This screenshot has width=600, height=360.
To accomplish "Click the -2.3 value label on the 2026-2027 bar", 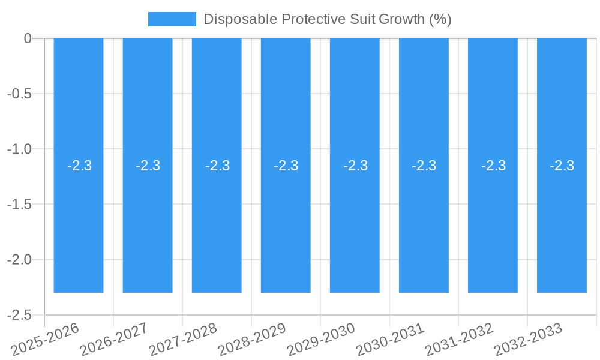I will point(148,166).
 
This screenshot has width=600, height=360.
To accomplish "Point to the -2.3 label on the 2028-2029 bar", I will point(286,166).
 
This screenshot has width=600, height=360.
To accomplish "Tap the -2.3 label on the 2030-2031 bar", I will point(424,166).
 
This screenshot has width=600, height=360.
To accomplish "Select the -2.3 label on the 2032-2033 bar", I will point(562,166).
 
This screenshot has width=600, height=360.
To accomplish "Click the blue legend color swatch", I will point(172,19).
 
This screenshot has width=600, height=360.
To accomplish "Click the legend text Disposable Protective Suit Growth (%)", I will point(327,19).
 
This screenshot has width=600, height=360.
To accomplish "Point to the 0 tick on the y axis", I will point(28,38).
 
